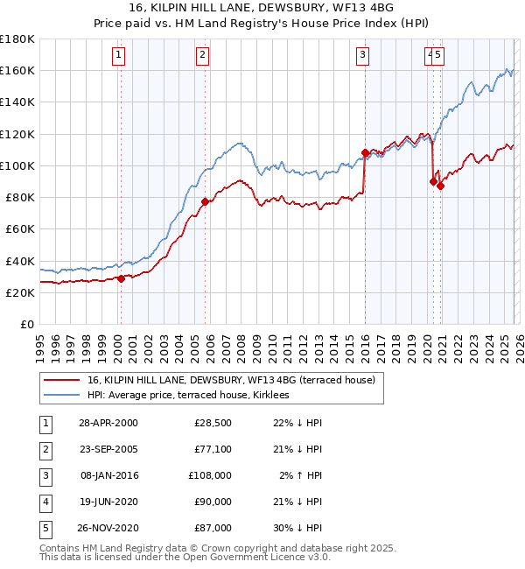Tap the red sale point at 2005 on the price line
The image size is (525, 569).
click(x=205, y=201)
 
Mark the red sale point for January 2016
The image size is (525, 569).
click(x=364, y=153)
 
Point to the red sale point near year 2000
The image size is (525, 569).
click(x=122, y=278)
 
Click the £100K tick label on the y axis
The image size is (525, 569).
click(x=17, y=165)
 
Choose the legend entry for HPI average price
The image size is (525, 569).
click(x=195, y=396)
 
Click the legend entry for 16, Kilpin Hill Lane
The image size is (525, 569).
click(x=231, y=380)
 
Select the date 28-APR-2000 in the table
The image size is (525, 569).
click(x=108, y=423)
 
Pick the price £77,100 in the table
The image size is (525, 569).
click(x=213, y=449)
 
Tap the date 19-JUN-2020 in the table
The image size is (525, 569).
click(x=108, y=502)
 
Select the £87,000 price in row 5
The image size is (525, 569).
click(x=213, y=528)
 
